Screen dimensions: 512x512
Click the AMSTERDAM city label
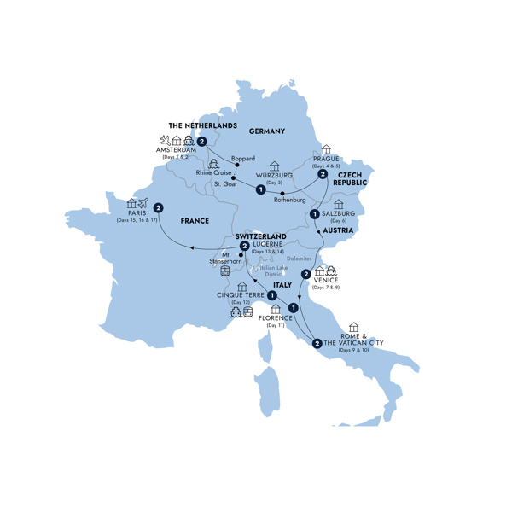(177, 150)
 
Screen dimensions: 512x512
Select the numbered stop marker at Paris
(159, 207)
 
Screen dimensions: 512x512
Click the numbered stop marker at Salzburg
(315, 214)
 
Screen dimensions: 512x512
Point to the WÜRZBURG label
(275, 176)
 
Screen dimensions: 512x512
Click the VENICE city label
(327, 279)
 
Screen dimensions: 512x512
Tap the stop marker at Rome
(317, 344)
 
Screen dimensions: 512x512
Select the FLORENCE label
(276, 317)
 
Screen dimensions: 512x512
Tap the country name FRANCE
(195, 220)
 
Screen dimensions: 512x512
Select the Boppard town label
(243, 157)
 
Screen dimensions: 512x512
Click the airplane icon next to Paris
(143, 203)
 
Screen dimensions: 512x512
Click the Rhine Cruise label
(212, 172)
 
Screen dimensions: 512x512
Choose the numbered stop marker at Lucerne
(244, 247)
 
